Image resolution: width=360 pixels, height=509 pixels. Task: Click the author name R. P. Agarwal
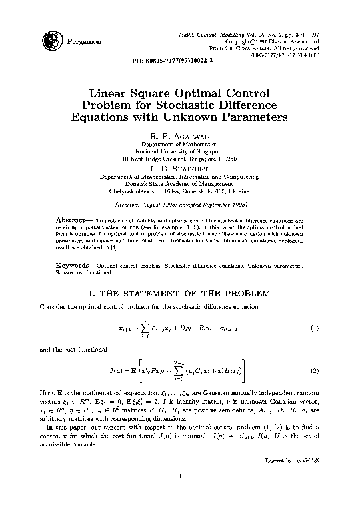pyautogui.click(x=179, y=135)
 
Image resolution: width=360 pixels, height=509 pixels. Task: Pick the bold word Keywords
pyautogui.click(x=69, y=266)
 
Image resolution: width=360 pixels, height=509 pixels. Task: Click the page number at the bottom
pyautogui.click(x=179, y=494)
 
